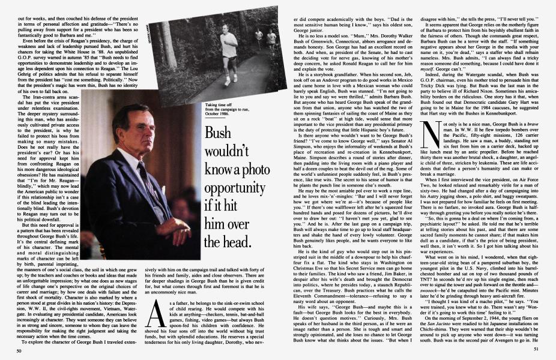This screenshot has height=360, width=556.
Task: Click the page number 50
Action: (20, 350)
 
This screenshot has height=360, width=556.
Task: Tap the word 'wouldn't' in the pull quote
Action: (230, 151)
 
